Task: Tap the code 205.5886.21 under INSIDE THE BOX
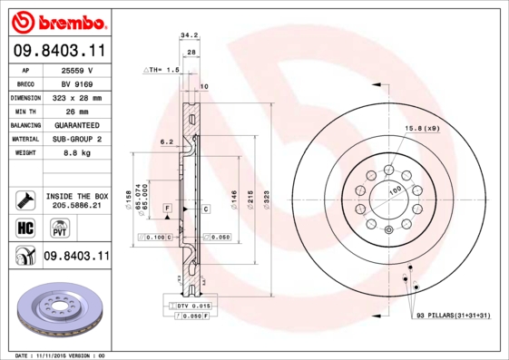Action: pyautogui.click(x=76, y=206)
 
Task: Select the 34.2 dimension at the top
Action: pyautogui.click(x=189, y=35)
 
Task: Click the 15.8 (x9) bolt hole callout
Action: pyautogui.click(x=422, y=129)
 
